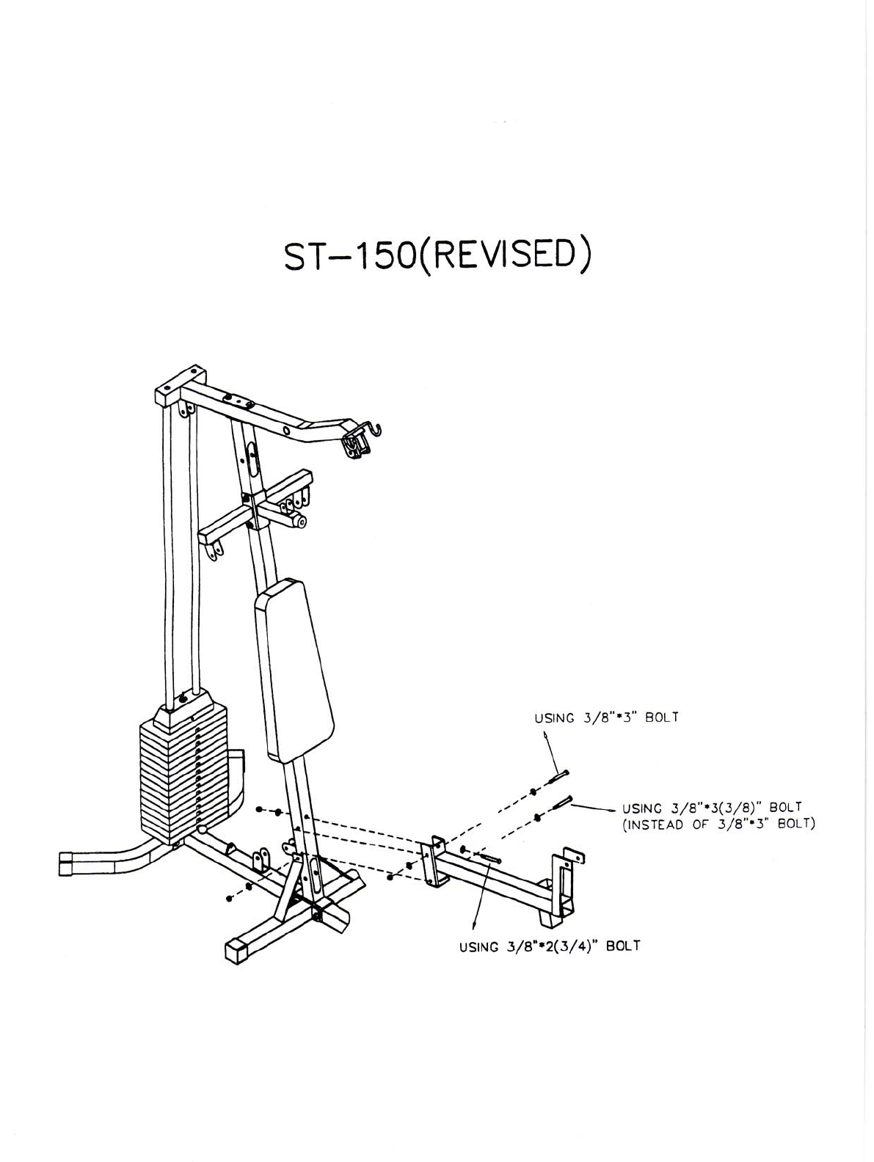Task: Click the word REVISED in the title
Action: [503, 257]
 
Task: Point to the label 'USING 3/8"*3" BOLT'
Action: [606, 717]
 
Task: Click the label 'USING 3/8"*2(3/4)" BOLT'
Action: [550, 946]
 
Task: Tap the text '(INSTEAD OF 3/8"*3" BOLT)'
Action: [719, 824]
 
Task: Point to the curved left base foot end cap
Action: [66, 863]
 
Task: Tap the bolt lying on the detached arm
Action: [489, 857]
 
